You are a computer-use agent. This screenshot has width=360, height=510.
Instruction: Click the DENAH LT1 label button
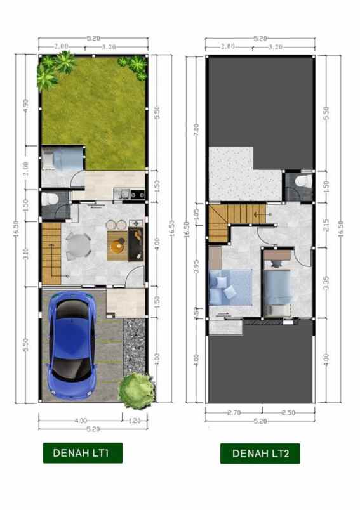(x=83, y=453)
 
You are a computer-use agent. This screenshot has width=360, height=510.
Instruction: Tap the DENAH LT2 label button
(x=260, y=453)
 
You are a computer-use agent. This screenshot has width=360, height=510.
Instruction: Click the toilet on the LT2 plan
(x=302, y=182)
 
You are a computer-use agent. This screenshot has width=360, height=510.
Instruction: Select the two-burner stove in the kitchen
(x=137, y=194)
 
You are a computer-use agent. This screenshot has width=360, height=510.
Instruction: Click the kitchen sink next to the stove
(x=120, y=194)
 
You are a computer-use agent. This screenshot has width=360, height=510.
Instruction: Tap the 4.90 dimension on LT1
(x=26, y=103)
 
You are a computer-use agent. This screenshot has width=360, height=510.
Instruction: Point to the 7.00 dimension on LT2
(x=196, y=130)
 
